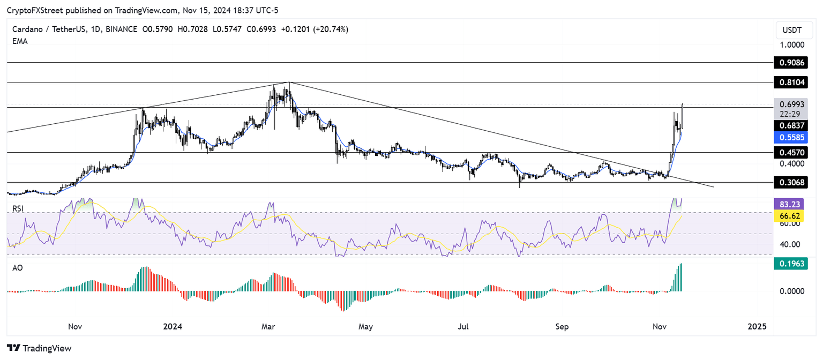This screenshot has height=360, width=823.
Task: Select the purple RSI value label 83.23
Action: pos(790,204)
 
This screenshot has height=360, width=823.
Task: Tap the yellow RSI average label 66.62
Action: pos(790,216)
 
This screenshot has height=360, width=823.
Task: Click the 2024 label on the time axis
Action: pos(173,326)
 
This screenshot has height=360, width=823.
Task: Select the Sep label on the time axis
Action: pos(562,326)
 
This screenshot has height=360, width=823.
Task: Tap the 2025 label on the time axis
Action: pos(757,326)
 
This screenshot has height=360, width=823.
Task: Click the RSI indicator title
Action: pos(18,208)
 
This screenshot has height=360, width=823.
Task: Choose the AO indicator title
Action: pos(18,268)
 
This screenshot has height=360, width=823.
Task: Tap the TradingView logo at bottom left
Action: pos(39,348)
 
